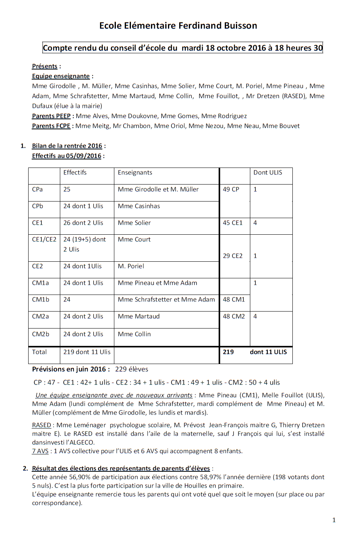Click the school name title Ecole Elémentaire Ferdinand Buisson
click(178, 26)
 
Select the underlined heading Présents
click(44, 66)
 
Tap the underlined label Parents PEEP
click(51, 116)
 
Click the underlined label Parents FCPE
click(51, 126)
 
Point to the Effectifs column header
click(75, 173)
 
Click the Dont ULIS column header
click(268, 173)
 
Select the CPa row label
click(37, 190)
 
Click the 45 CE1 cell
click(233, 223)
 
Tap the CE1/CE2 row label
click(44, 239)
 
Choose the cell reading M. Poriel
click(131, 266)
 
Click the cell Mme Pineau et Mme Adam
click(158, 283)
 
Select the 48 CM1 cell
click(234, 300)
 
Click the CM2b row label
click(41, 334)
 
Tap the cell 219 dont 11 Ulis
click(87, 352)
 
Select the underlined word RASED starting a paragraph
click(41, 425)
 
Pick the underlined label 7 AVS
click(40, 451)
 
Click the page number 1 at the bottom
click(334, 520)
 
